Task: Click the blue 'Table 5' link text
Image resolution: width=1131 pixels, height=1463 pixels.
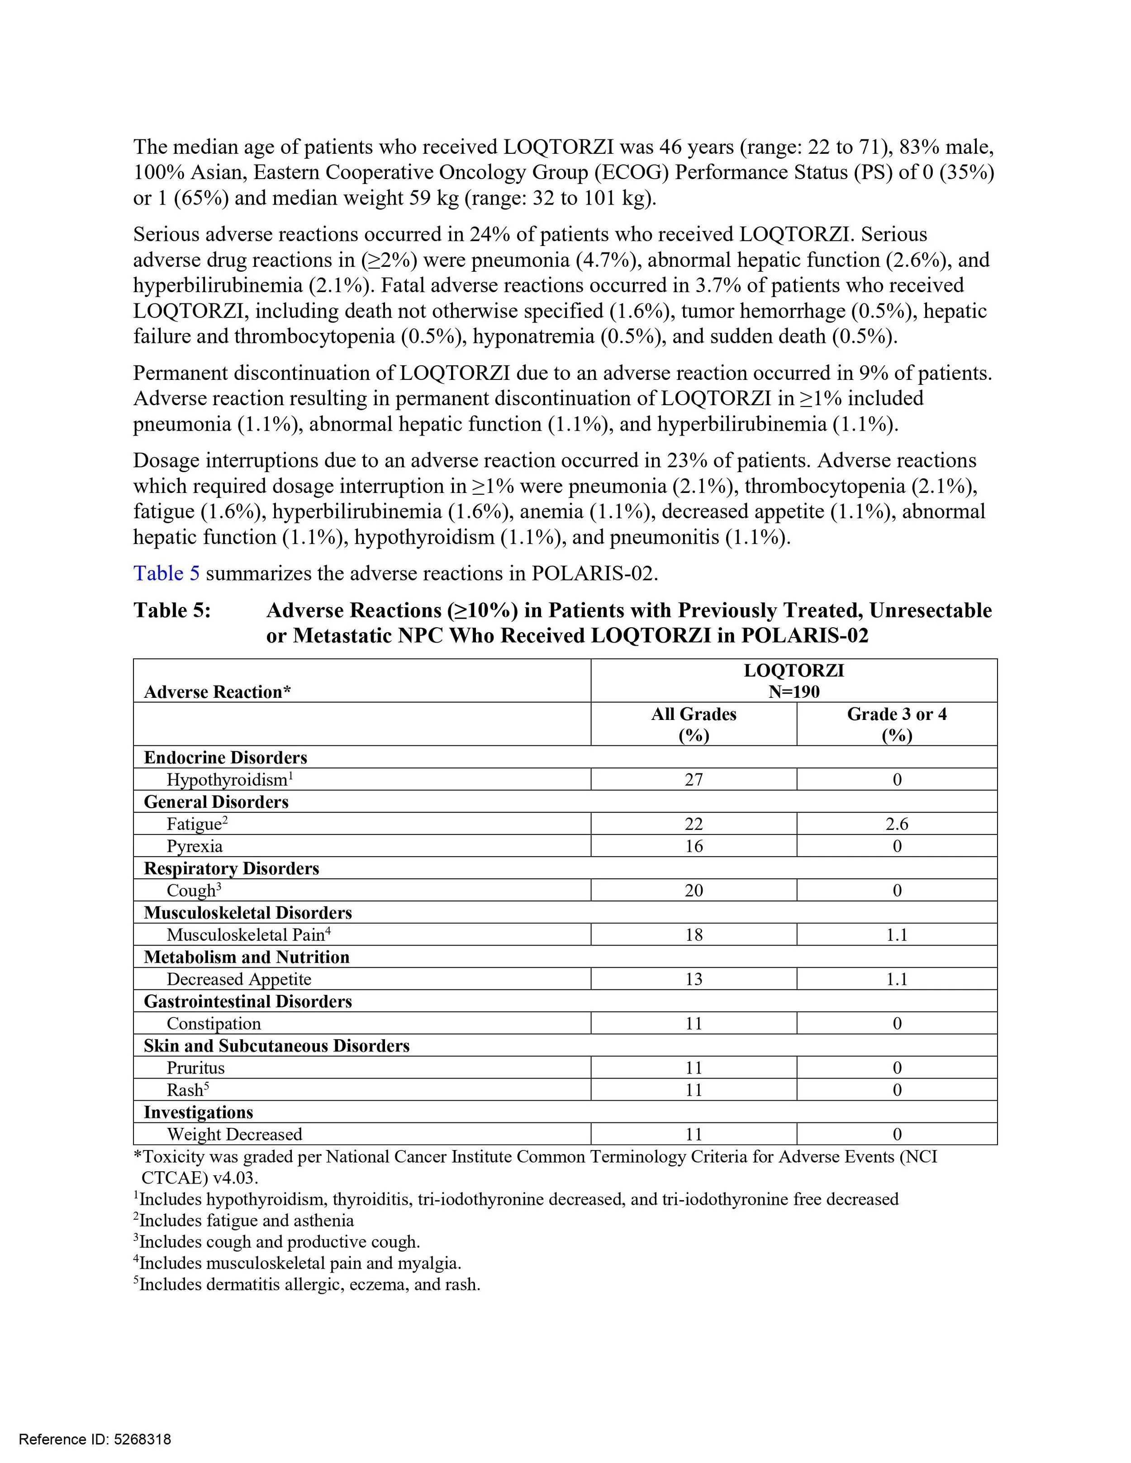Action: click(166, 573)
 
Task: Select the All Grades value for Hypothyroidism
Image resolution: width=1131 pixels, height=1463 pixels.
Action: click(694, 780)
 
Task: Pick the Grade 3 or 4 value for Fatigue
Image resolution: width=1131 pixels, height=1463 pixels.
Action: click(897, 824)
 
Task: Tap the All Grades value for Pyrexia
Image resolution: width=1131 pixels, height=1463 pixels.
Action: click(694, 846)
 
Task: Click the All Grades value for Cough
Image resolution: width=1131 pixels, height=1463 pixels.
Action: click(694, 890)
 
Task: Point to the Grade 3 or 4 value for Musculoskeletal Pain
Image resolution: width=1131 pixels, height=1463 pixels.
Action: click(897, 934)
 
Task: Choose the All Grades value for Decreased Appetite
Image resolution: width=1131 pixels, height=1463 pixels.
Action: click(694, 980)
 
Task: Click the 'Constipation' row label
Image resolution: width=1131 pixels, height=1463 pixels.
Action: click(214, 1023)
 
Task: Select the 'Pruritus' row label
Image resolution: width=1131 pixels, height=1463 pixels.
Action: click(195, 1068)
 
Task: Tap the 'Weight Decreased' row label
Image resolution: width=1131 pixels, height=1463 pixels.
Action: click(234, 1134)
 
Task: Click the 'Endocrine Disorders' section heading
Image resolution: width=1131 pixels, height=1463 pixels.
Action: click(225, 758)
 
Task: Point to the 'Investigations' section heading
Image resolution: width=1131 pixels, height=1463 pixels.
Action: click(198, 1112)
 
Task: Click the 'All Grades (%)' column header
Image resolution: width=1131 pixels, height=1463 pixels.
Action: click(694, 724)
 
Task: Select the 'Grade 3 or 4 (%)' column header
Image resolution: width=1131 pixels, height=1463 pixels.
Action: click(897, 724)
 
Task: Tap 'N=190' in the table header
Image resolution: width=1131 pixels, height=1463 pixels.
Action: click(794, 692)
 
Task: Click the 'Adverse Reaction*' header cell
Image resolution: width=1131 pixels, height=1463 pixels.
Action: click(217, 692)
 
